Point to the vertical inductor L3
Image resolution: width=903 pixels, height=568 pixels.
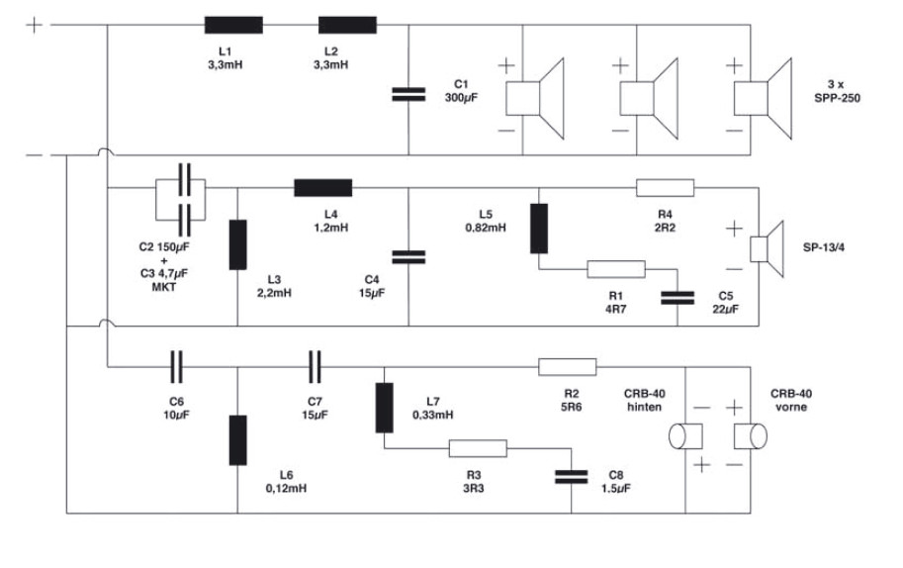238,244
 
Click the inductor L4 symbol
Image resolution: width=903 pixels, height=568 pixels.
323,187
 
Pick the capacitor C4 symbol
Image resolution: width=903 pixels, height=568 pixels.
407,256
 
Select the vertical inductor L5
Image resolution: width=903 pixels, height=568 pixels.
539,229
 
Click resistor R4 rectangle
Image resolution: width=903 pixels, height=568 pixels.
666,187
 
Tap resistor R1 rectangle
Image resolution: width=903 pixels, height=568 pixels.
616,268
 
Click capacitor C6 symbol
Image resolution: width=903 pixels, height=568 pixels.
176,365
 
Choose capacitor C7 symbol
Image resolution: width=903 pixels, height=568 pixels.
315,365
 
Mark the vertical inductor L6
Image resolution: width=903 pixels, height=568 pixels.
238,440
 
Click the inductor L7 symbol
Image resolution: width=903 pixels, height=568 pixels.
385,407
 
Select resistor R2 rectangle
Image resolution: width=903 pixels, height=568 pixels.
568,366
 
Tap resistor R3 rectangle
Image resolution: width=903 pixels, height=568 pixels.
478,448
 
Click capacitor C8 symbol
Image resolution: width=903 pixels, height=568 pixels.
572,475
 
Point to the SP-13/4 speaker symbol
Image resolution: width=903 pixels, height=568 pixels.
761,247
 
